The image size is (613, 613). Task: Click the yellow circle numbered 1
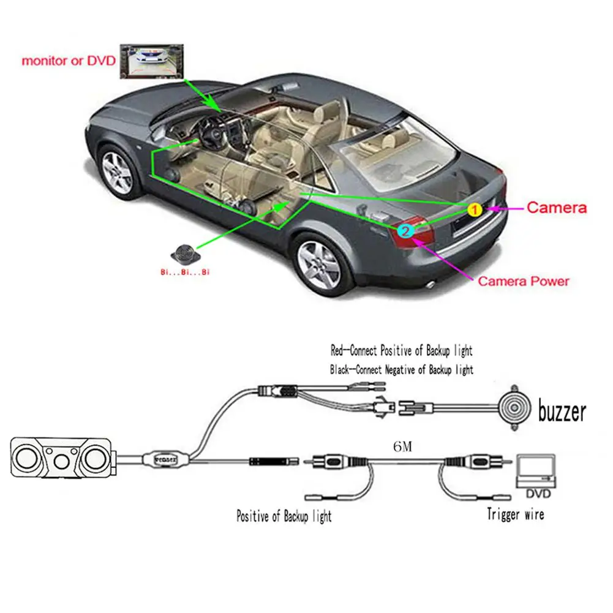point(474,209)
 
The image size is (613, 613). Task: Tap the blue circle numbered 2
point(405,231)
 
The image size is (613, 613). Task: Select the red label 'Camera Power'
point(523,282)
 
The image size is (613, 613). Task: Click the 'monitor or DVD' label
point(69,61)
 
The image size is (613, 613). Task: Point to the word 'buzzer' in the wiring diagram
point(562,412)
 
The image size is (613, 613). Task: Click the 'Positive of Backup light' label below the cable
point(284,516)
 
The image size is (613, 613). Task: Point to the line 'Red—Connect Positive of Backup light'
point(401,351)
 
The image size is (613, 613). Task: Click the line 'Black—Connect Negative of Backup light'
point(401,369)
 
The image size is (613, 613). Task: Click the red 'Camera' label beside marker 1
point(556,208)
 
